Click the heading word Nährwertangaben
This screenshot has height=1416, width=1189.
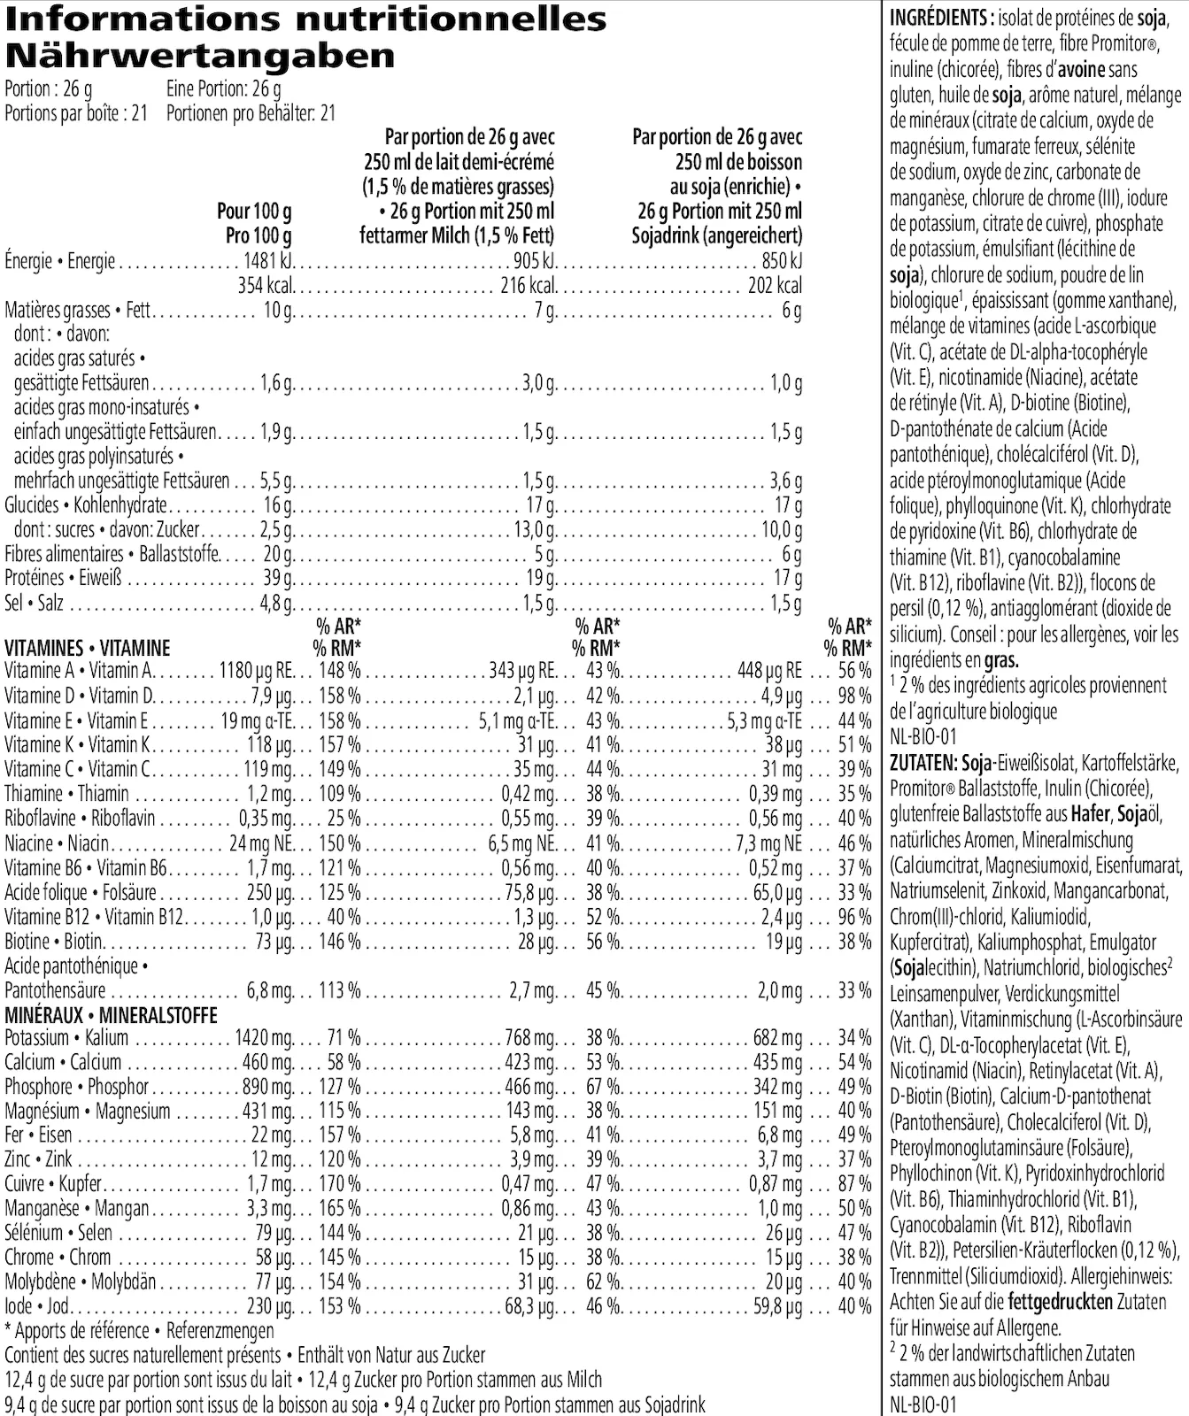click(x=199, y=57)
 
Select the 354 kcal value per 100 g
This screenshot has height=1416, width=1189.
click(x=266, y=286)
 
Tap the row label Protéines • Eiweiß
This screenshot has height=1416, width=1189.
click(x=63, y=579)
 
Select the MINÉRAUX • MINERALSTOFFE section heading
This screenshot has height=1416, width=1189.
click(x=111, y=1015)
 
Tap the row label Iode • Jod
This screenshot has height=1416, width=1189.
click(x=30, y=1306)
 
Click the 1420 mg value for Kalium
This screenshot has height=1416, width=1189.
click(x=264, y=1037)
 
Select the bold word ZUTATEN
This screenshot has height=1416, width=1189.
click(x=923, y=762)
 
